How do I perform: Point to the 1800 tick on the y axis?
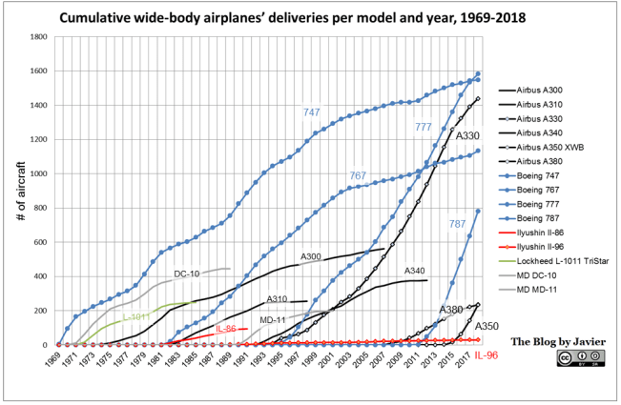(x=39, y=37)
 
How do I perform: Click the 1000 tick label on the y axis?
(x=39, y=173)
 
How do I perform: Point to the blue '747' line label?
(x=311, y=112)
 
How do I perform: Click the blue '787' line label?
(x=458, y=224)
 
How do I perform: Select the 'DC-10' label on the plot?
(x=186, y=273)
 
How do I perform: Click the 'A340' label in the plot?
(x=415, y=271)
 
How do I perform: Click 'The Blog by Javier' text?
(x=556, y=340)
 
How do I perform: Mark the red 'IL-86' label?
(x=225, y=329)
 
